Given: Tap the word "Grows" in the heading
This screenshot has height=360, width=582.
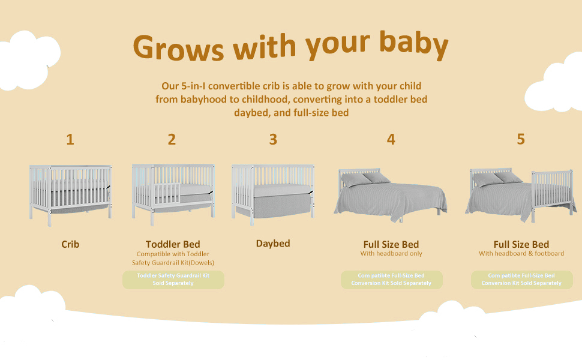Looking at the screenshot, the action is (x=179, y=47).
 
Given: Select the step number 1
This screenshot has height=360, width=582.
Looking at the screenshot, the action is (x=70, y=140).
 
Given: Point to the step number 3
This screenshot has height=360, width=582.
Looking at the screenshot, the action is (x=273, y=140).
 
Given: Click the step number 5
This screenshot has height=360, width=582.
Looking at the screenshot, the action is (x=521, y=139).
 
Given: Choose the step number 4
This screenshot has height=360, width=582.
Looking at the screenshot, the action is (x=391, y=139).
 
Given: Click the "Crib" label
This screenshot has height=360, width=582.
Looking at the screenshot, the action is (x=70, y=244).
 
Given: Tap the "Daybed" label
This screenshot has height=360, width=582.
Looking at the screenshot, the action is (x=273, y=244).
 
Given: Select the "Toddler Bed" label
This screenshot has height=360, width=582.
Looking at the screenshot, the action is (x=173, y=244).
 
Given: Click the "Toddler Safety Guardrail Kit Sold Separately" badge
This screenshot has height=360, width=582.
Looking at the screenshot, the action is (x=173, y=280).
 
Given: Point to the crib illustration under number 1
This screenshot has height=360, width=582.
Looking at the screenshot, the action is (x=71, y=195).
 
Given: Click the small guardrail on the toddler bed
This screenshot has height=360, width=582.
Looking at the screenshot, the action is (x=167, y=193).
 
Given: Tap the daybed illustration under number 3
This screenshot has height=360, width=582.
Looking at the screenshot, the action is (x=273, y=194).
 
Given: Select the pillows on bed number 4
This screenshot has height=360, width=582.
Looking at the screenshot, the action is (x=365, y=179).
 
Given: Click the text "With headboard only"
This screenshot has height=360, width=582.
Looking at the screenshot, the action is (x=391, y=253).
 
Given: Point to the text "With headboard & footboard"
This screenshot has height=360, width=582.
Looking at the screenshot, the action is (x=521, y=253).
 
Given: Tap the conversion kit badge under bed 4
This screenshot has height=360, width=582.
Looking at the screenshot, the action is (x=392, y=280).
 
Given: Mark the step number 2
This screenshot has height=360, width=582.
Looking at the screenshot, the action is (x=172, y=140).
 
